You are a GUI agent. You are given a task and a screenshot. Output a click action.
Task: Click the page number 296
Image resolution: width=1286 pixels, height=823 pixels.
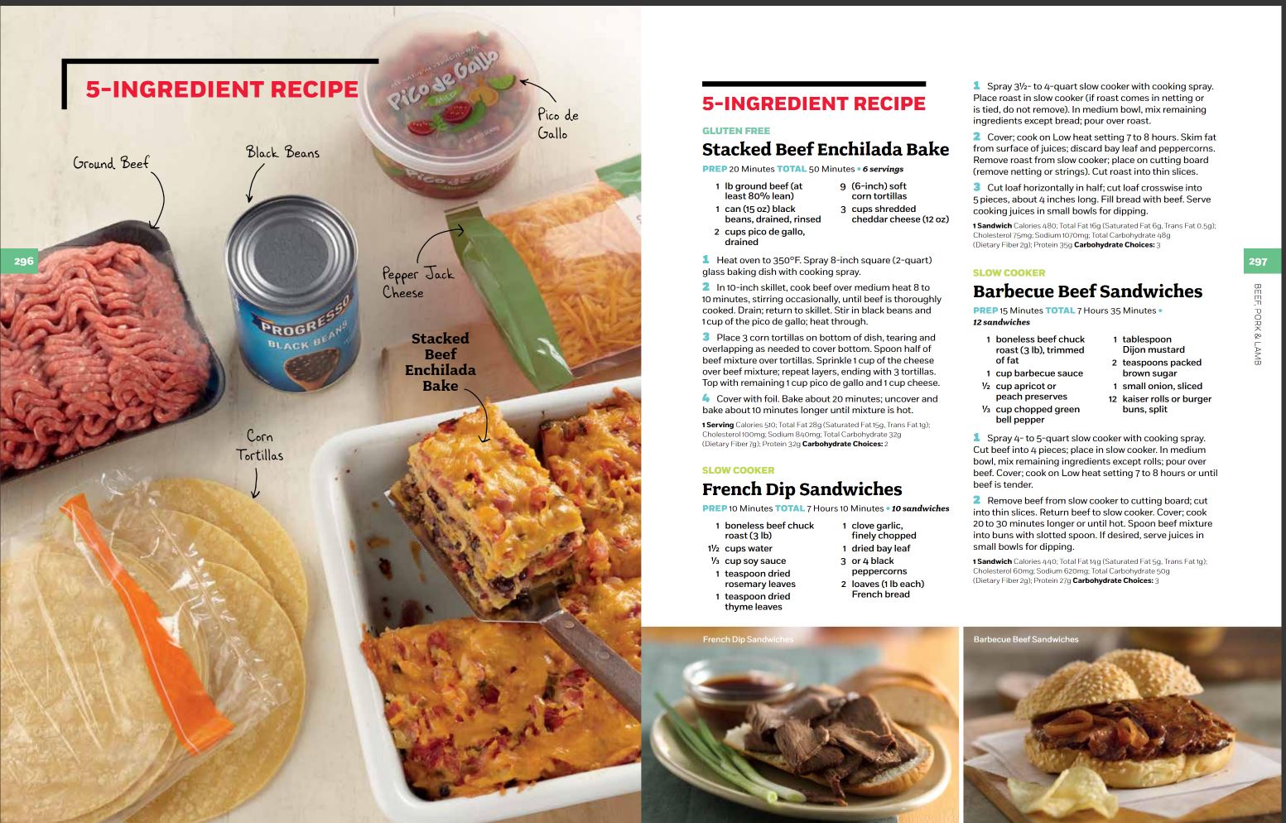click(23, 261)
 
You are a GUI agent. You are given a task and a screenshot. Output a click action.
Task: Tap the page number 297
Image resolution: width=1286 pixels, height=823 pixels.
click(1258, 262)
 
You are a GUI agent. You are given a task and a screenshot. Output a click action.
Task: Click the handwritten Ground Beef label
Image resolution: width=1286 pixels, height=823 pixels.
click(111, 163)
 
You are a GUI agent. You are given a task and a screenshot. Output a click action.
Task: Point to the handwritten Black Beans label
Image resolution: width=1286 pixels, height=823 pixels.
click(282, 152)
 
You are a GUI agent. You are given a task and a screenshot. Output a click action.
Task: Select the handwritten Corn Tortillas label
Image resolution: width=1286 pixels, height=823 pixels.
click(259, 446)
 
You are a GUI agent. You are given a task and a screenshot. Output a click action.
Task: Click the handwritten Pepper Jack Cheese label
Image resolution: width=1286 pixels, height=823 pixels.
click(418, 282)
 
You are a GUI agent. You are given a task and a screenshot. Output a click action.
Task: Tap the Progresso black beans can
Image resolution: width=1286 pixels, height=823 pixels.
click(293, 294)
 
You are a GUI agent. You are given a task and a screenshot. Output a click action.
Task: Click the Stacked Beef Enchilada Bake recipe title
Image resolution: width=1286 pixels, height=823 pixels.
click(825, 149)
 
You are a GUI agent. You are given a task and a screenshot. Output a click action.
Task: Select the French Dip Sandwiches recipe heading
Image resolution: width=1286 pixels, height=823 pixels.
click(802, 489)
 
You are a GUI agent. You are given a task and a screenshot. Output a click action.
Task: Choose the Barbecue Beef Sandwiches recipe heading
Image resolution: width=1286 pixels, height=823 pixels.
click(1087, 291)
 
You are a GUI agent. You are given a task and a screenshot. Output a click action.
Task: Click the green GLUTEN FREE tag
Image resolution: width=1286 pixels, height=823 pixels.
click(736, 131)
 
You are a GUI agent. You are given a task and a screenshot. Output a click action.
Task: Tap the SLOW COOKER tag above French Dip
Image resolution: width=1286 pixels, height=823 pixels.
click(739, 470)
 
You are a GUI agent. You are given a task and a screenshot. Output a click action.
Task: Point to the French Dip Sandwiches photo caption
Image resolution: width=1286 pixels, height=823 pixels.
click(748, 639)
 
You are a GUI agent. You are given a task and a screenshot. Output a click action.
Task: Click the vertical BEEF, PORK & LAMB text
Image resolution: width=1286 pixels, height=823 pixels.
click(1257, 325)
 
